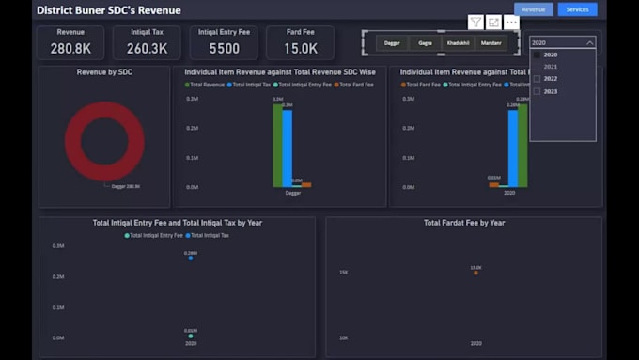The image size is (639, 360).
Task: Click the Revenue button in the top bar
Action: pyautogui.click(x=533, y=9)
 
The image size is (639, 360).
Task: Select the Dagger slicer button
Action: pyautogui.click(x=392, y=43)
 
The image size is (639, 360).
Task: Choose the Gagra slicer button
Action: pyautogui.click(x=426, y=43)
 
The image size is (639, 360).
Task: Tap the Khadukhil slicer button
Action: pyautogui.click(x=458, y=43)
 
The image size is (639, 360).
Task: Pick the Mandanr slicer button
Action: pyautogui.click(x=491, y=43)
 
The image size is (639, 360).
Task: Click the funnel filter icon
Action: pyautogui.click(x=475, y=22)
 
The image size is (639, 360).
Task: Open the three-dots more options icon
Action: pyautogui.click(x=511, y=22)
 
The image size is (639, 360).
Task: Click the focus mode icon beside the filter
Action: pyautogui.click(x=493, y=22)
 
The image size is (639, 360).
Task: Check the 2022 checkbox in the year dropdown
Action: pyautogui.click(x=538, y=79)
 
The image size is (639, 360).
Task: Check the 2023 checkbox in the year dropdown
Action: pyautogui.click(x=538, y=91)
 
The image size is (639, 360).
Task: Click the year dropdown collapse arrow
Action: pyautogui.click(x=589, y=43)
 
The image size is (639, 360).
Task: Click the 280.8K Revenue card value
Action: pyautogui.click(x=70, y=48)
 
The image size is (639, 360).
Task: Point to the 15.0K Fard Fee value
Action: pyautogui.click(x=301, y=48)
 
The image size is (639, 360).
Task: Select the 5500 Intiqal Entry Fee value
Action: pyautogui.click(x=224, y=48)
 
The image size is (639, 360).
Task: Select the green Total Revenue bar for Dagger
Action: pyautogui.click(x=277, y=145)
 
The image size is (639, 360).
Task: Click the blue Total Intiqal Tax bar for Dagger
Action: pyautogui.click(x=287, y=148)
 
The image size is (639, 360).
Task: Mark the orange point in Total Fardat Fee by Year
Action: pyautogui.click(x=475, y=273)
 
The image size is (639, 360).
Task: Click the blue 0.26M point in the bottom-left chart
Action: pyautogui.click(x=190, y=258)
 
